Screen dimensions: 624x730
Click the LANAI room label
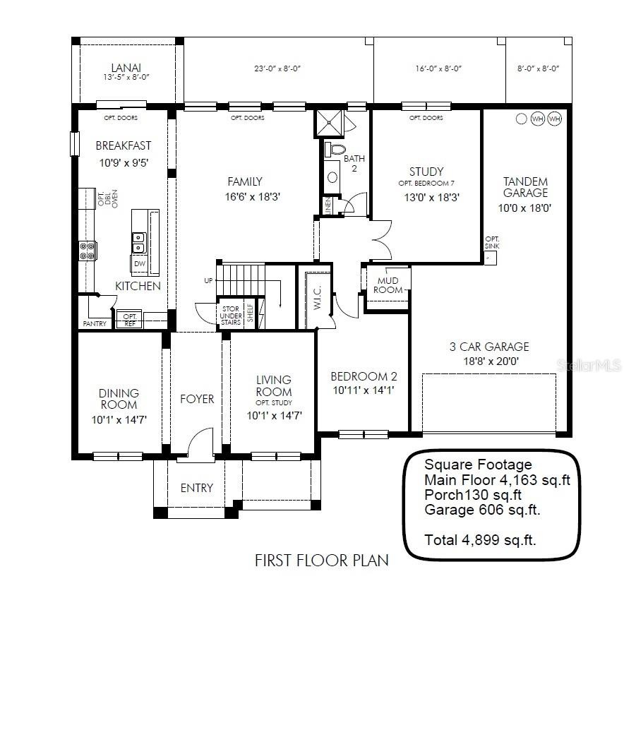tap(126, 68)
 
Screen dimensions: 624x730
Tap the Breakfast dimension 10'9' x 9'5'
tap(124, 163)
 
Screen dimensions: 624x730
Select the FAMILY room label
tap(245, 181)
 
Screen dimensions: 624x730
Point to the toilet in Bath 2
tap(335, 149)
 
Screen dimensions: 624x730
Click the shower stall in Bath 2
tap(330, 123)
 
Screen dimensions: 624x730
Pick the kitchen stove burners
tap(88, 251)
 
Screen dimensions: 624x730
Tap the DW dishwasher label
tap(140, 263)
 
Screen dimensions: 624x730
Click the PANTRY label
tap(95, 323)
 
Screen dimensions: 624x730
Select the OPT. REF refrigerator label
tap(130, 320)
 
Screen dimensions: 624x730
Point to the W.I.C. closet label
tap(317, 298)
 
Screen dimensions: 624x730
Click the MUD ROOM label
tap(388, 285)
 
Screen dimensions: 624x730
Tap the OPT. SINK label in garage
tap(492, 243)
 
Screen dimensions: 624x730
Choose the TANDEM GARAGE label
tap(525, 187)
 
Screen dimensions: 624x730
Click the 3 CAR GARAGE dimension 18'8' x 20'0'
tap(491, 361)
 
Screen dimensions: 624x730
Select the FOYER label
tap(198, 399)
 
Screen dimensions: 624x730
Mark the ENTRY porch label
tap(197, 488)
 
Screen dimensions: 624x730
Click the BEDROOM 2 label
tap(364, 376)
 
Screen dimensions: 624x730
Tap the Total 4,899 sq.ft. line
tap(480, 540)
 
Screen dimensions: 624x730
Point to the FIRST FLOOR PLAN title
tap(322, 560)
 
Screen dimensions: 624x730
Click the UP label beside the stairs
tap(208, 280)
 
